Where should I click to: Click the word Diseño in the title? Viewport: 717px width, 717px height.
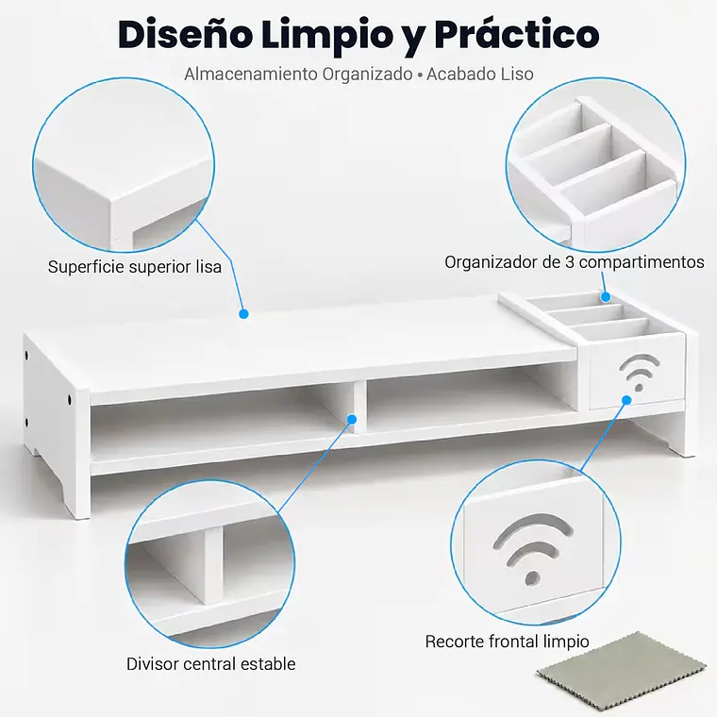186,35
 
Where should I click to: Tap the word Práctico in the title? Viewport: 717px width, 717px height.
517,35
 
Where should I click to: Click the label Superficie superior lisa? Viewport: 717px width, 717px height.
135,267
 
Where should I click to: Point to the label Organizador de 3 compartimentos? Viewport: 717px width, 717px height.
575,262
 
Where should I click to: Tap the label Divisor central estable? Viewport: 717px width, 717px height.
210,663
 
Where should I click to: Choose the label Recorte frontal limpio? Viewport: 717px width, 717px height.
508,642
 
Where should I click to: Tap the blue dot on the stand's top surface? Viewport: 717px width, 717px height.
243,313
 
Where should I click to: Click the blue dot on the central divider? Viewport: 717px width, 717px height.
352,419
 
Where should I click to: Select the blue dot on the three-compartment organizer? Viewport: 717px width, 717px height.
606,297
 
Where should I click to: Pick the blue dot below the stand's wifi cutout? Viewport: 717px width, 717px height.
626,400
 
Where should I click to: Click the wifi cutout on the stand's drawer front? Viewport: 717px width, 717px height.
640,373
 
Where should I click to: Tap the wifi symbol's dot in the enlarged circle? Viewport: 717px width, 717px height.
532,578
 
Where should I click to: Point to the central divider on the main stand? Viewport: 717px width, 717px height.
359,407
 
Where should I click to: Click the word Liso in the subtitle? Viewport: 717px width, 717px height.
517,75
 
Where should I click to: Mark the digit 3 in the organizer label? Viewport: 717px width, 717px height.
569,262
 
